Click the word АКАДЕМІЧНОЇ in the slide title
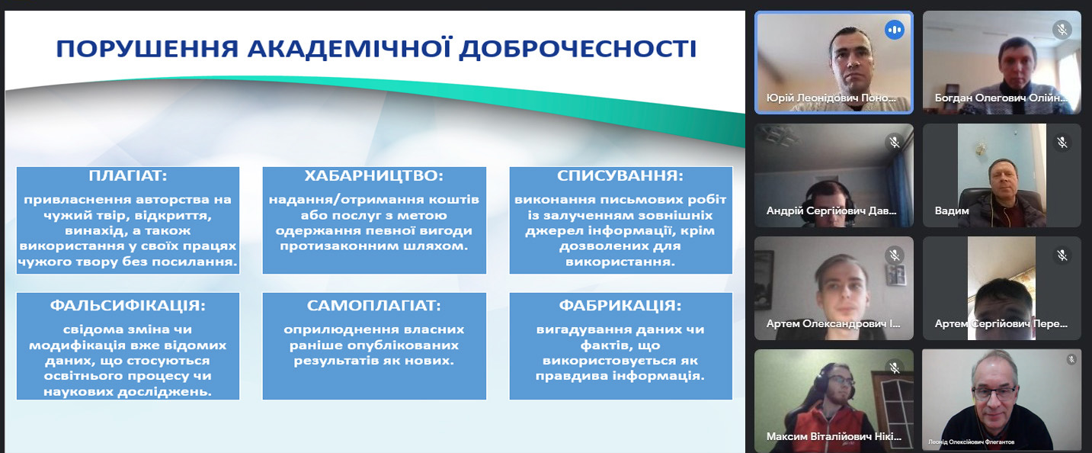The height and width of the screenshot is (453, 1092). [x=350, y=49]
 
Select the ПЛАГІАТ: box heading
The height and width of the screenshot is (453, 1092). [x=128, y=175]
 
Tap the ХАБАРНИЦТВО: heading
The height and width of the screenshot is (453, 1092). [x=374, y=175]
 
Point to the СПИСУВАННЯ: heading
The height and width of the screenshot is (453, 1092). [x=620, y=175]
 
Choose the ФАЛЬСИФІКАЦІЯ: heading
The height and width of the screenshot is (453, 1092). [x=128, y=306]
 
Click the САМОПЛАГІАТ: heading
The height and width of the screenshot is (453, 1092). [x=374, y=306]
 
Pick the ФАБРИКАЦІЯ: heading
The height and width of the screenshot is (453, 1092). [x=620, y=306]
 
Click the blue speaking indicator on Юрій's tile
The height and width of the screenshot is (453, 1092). [x=894, y=30]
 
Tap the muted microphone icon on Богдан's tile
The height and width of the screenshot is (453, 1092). [x=1062, y=30]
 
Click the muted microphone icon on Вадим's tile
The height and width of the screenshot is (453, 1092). [x=1062, y=143]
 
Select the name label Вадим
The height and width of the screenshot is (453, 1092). [x=952, y=211]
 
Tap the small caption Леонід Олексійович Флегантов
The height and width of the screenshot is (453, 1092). [x=971, y=442]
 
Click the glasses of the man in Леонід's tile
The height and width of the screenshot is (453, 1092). [x=994, y=391]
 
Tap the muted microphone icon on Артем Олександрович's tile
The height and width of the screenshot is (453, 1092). [x=894, y=255]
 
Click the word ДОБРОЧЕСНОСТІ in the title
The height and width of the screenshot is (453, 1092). [x=578, y=49]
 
